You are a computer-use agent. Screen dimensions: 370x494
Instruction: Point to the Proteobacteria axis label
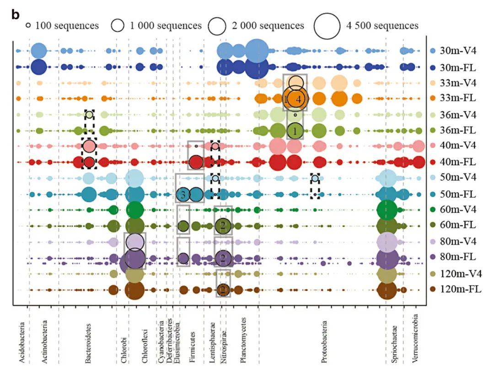tap(324, 340)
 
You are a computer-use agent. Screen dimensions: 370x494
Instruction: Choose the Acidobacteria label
tap(22, 343)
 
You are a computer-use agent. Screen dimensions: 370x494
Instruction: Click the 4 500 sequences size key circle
tap(327, 26)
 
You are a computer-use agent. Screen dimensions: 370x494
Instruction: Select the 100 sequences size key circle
tap(28, 26)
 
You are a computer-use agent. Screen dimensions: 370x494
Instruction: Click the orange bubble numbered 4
tap(298, 99)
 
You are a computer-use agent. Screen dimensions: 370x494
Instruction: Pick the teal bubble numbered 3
tap(183, 195)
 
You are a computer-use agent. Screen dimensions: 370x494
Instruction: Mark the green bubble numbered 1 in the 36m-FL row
tap(295, 131)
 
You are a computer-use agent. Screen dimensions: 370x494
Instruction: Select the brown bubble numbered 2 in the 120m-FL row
tap(223, 290)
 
